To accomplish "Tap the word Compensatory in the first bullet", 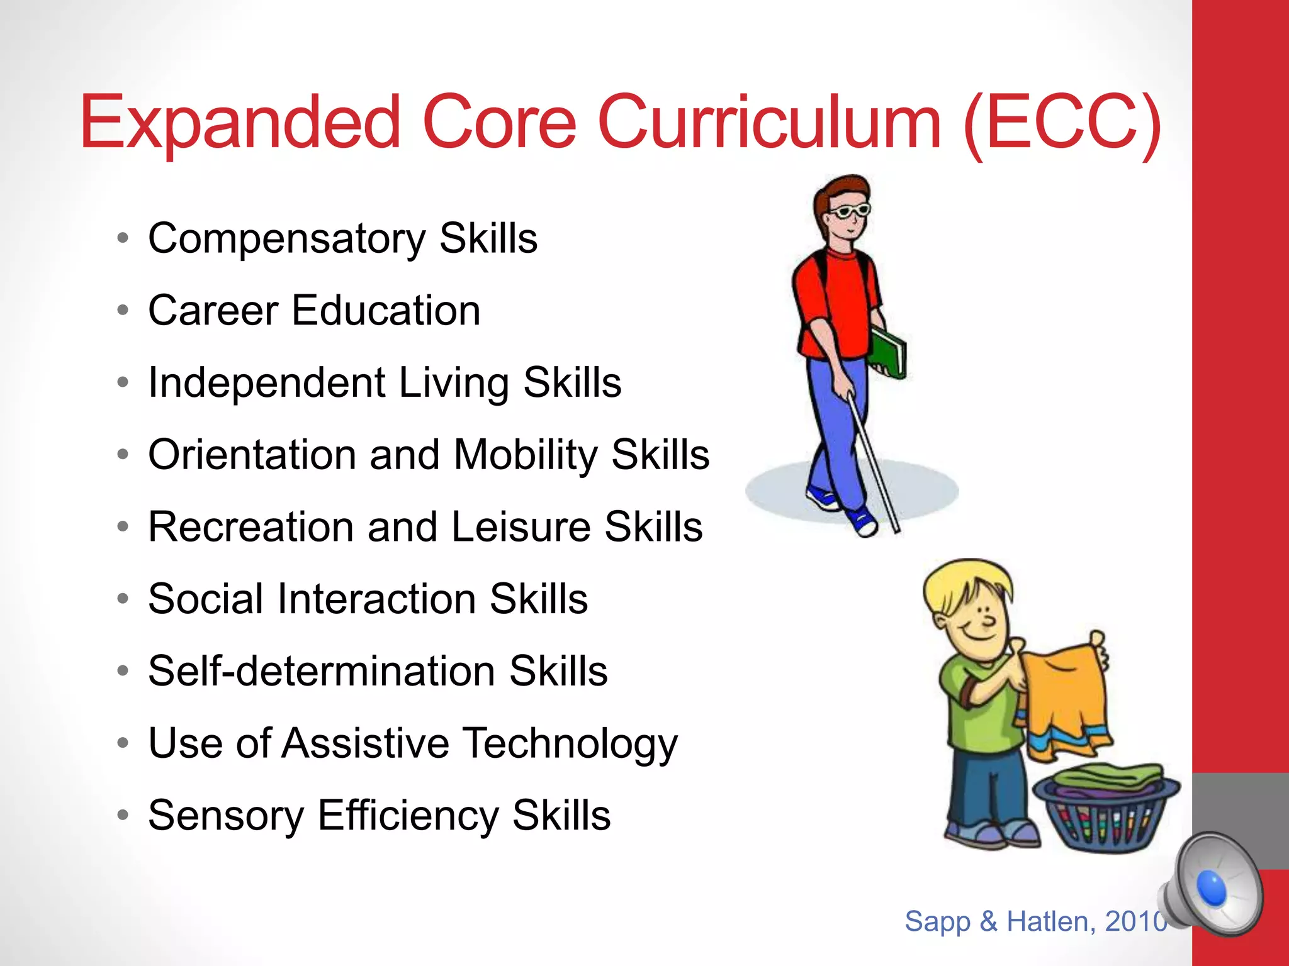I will [286, 240].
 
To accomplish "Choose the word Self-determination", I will [321, 671].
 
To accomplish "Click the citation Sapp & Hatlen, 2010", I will [1035, 921].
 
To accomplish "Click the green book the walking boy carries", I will [888, 352].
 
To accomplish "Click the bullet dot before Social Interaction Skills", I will [123, 599].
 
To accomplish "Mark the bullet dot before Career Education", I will [123, 311].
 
